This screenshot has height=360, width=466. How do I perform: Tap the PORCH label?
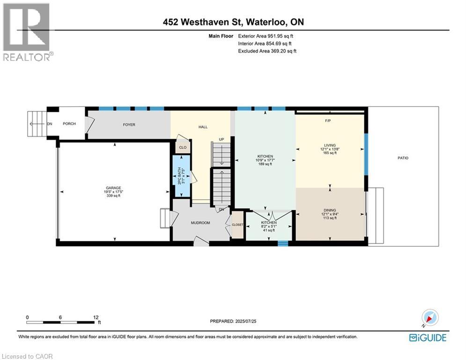[x=69, y=124]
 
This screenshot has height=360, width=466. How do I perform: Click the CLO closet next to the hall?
[x=182, y=147]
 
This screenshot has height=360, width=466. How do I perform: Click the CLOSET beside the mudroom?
[x=237, y=225]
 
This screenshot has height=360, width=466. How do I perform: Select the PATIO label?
[x=403, y=158]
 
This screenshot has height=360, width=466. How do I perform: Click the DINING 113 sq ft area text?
[x=330, y=218]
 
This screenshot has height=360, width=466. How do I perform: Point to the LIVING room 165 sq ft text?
[x=330, y=153]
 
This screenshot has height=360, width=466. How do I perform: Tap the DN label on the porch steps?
[x=49, y=124]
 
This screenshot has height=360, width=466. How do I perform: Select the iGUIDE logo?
[x=427, y=337]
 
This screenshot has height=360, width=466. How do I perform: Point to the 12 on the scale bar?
[x=96, y=317]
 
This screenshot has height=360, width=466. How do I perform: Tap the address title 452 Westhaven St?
[x=232, y=22]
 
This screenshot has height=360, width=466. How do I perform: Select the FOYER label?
[x=129, y=125]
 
